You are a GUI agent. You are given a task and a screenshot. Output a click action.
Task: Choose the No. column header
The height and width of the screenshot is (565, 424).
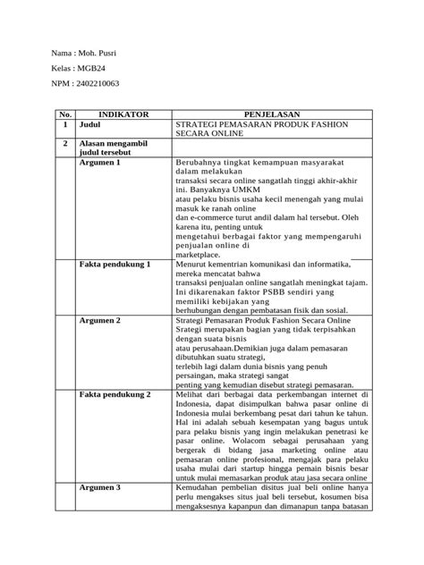point(64,114)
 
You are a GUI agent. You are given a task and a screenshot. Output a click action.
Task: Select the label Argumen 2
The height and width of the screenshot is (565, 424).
point(100,320)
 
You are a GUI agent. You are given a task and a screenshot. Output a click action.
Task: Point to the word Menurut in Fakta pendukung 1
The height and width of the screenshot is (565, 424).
point(191,266)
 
